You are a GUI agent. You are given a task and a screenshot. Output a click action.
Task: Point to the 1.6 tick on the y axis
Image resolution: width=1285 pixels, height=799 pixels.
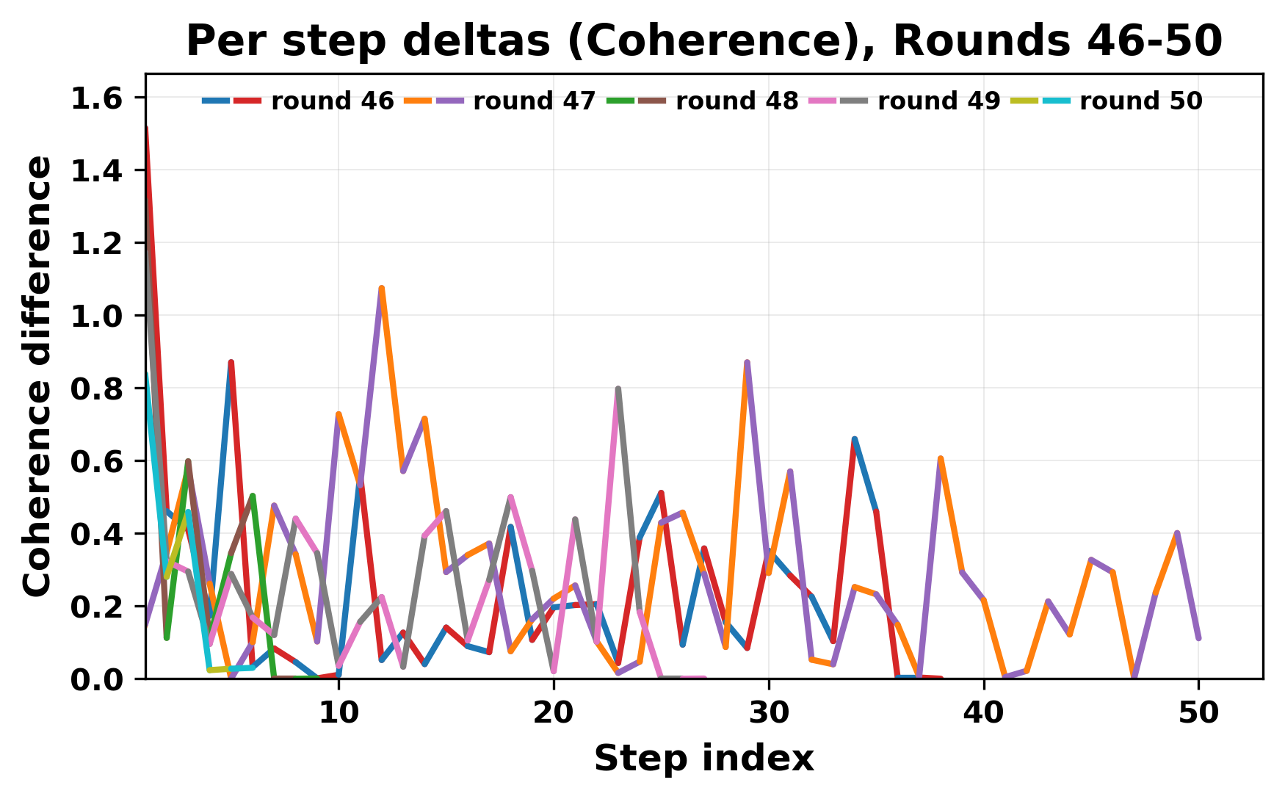click(97, 98)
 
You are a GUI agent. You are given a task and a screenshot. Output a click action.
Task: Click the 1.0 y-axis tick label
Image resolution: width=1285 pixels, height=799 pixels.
click(97, 316)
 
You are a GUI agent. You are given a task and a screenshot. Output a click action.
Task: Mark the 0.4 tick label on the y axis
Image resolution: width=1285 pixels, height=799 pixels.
click(97, 534)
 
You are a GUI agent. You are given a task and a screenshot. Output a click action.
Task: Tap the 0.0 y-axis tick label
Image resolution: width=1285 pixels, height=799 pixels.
click(97, 679)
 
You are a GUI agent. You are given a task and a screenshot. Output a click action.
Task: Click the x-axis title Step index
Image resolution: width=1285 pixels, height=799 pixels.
click(703, 759)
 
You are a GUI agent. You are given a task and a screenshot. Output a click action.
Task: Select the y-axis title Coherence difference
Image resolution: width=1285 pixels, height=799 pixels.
click(38, 376)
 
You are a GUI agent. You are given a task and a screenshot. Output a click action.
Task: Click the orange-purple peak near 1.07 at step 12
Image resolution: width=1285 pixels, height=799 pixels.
click(382, 289)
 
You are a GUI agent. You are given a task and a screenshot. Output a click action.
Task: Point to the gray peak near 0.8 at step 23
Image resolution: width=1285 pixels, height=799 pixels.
click(618, 389)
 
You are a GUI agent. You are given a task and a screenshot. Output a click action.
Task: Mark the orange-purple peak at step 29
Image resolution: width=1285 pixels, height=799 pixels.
click(747, 363)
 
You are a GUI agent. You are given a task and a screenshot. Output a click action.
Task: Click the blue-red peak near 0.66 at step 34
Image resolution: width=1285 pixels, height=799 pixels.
click(855, 439)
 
